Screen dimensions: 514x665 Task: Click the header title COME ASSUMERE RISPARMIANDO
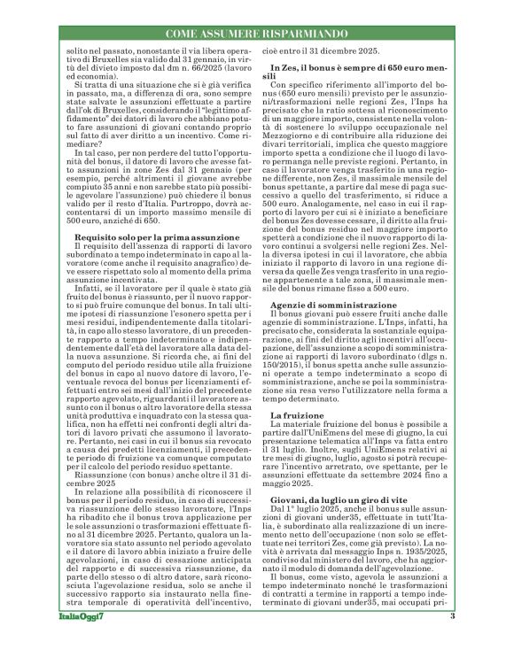click(x=256, y=33)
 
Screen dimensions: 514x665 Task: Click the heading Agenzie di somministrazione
click(x=325, y=330)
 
